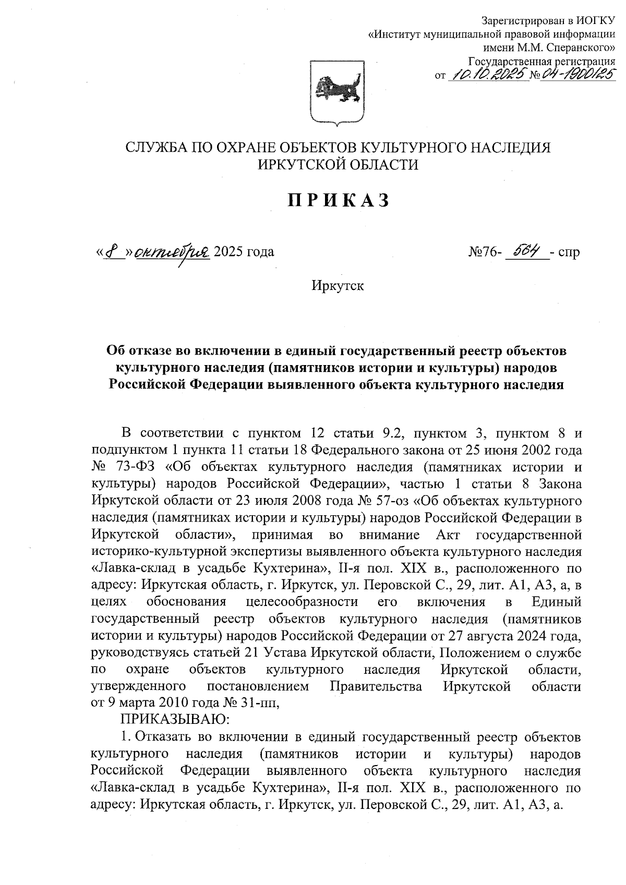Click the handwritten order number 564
pyautogui.click(x=525, y=252)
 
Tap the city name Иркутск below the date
pyautogui.click(x=338, y=286)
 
